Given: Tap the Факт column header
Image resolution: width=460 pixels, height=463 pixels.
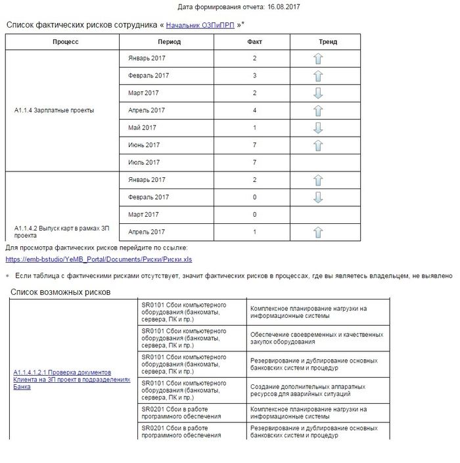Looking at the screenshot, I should (254, 41).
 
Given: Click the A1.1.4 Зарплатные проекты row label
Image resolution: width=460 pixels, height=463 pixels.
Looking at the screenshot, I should (54, 110).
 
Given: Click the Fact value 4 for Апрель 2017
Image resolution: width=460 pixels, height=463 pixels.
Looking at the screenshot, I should (254, 110).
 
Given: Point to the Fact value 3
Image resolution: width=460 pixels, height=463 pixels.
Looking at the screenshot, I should (254, 76).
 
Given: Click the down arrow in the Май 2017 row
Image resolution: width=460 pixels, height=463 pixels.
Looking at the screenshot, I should (319, 127).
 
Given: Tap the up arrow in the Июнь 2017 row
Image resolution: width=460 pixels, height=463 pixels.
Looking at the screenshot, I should (319, 145).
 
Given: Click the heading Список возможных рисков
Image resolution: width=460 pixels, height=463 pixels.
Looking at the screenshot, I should (60, 292).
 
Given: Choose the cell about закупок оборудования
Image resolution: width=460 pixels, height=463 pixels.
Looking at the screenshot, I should (316, 338).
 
